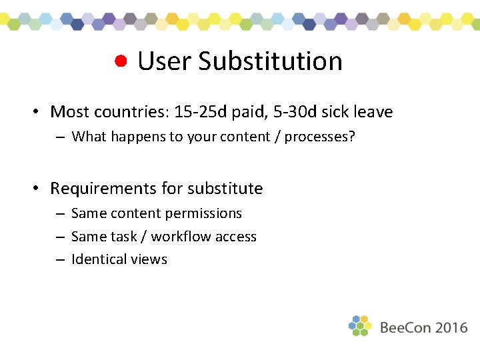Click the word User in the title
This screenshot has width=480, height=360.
pos(165,61)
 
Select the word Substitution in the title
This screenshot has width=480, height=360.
pos(270,61)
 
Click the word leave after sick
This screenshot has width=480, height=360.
pos(373,112)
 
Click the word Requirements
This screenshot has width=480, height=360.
pos(104,189)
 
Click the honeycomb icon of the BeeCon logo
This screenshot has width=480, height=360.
pos(360,325)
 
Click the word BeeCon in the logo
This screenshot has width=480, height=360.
pos(405,327)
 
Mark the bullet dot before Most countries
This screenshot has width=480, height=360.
pos(39,112)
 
